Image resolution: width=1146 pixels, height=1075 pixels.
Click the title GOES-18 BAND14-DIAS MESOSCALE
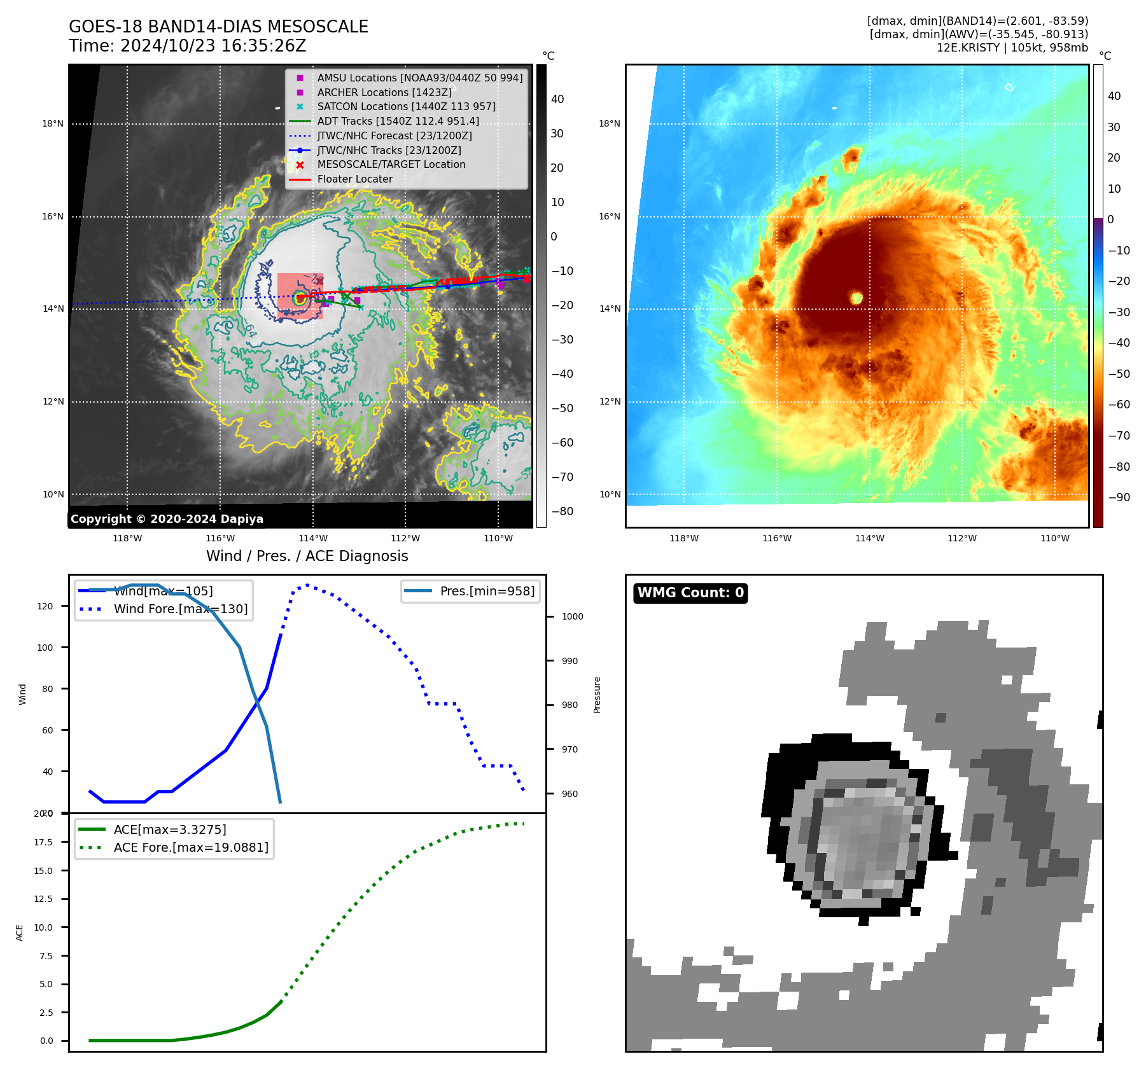point(218,27)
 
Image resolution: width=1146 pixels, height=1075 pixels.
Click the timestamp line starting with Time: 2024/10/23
point(187,46)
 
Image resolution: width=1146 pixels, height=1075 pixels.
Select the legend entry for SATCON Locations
point(406,106)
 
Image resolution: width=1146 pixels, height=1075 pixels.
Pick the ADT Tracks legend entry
point(398,121)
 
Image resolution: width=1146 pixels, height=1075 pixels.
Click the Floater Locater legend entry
point(354,179)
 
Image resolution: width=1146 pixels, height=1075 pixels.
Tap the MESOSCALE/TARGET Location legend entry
point(391,164)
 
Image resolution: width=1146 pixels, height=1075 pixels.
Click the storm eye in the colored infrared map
point(856,298)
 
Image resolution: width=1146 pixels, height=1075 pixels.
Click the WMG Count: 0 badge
point(690,593)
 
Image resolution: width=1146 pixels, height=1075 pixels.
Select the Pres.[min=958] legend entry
point(487,591)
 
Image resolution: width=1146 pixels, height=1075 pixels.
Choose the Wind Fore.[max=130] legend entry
point(180,609)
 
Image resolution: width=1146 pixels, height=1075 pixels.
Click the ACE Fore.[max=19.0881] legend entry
point(190,847)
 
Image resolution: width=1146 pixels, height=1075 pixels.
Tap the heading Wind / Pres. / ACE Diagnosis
point(307,556)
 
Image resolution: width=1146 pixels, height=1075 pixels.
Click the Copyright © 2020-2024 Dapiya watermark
point(167,519)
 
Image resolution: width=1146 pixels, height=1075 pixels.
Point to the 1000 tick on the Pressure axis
point(572,616)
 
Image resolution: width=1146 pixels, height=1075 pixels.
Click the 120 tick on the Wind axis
point(45,606)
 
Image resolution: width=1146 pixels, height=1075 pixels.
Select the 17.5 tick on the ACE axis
point(43,842)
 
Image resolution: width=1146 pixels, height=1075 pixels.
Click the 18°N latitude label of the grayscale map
point(53,123)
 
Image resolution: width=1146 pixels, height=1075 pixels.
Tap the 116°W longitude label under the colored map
point(776,538)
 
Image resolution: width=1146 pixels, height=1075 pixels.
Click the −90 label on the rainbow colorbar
point(1119,497)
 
